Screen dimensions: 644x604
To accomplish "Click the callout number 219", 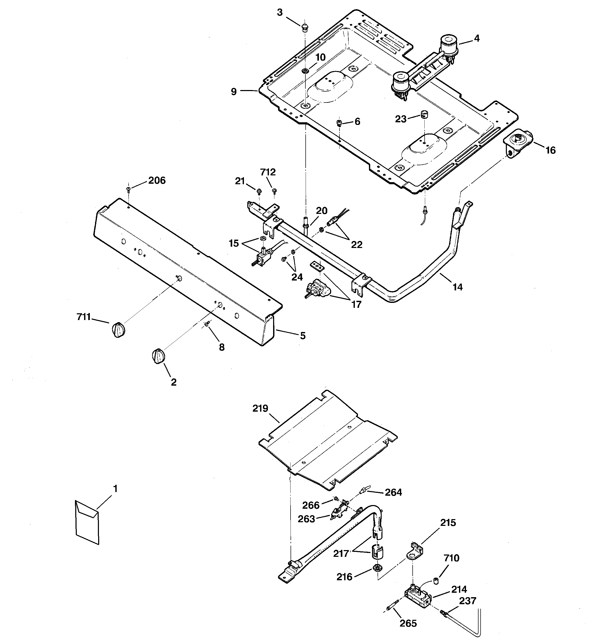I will point(260,409).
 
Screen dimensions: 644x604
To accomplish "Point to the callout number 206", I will point(157,180).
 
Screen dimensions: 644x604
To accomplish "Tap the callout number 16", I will point(551,150).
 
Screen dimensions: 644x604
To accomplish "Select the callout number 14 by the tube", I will point(457,287).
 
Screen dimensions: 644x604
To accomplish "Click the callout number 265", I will point(408,623).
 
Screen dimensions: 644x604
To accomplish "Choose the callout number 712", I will point(268,172).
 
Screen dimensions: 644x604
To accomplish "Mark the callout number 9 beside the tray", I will point(234,92).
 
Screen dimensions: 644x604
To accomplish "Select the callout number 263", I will point(306,519).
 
